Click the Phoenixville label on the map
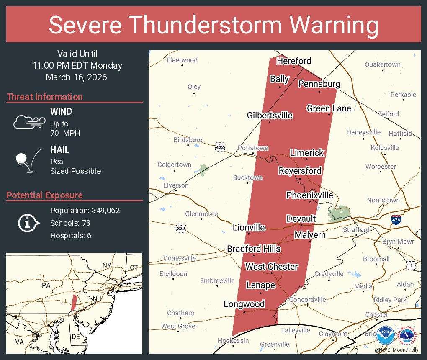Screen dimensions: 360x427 310,195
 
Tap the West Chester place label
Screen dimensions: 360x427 271,267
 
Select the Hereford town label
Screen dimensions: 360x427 294,61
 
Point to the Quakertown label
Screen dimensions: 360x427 382,64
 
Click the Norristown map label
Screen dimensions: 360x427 383,200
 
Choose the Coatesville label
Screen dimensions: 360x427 180,258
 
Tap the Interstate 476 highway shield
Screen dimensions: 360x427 396,219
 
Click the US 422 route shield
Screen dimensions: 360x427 219,147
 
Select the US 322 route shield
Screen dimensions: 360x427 181,228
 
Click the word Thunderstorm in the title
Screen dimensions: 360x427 213,26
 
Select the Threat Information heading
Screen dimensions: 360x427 45,97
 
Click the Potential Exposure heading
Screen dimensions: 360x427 44,195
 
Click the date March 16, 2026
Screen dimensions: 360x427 77,77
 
